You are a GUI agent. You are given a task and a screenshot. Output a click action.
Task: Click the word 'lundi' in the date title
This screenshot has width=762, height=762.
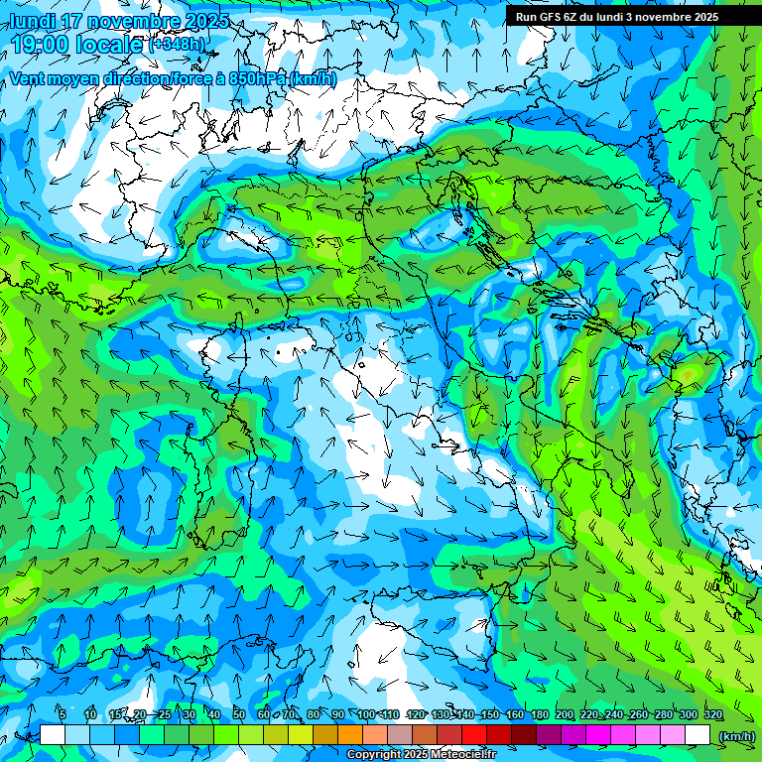31,21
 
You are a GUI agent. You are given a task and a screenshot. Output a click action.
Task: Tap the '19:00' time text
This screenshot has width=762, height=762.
40,45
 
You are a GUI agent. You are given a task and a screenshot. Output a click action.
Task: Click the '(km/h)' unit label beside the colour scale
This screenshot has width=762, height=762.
735,735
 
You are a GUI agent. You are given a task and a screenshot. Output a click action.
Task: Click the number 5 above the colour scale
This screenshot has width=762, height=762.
63,714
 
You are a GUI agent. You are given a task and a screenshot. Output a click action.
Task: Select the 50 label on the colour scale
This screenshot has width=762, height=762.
239,714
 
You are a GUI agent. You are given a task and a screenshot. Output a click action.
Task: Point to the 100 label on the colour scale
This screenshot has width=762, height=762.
365,714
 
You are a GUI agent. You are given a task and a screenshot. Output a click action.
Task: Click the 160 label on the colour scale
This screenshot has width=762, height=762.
514,714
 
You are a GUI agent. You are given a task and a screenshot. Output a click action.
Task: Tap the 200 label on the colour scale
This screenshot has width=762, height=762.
565,714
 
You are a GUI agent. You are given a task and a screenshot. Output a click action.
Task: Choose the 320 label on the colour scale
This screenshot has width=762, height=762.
713,714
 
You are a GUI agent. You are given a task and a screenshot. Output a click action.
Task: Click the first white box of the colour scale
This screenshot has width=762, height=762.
53,735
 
